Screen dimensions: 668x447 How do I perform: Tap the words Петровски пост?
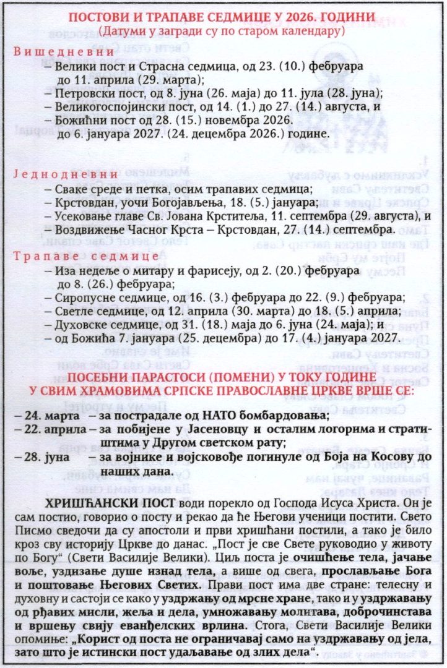pos(89,93)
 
